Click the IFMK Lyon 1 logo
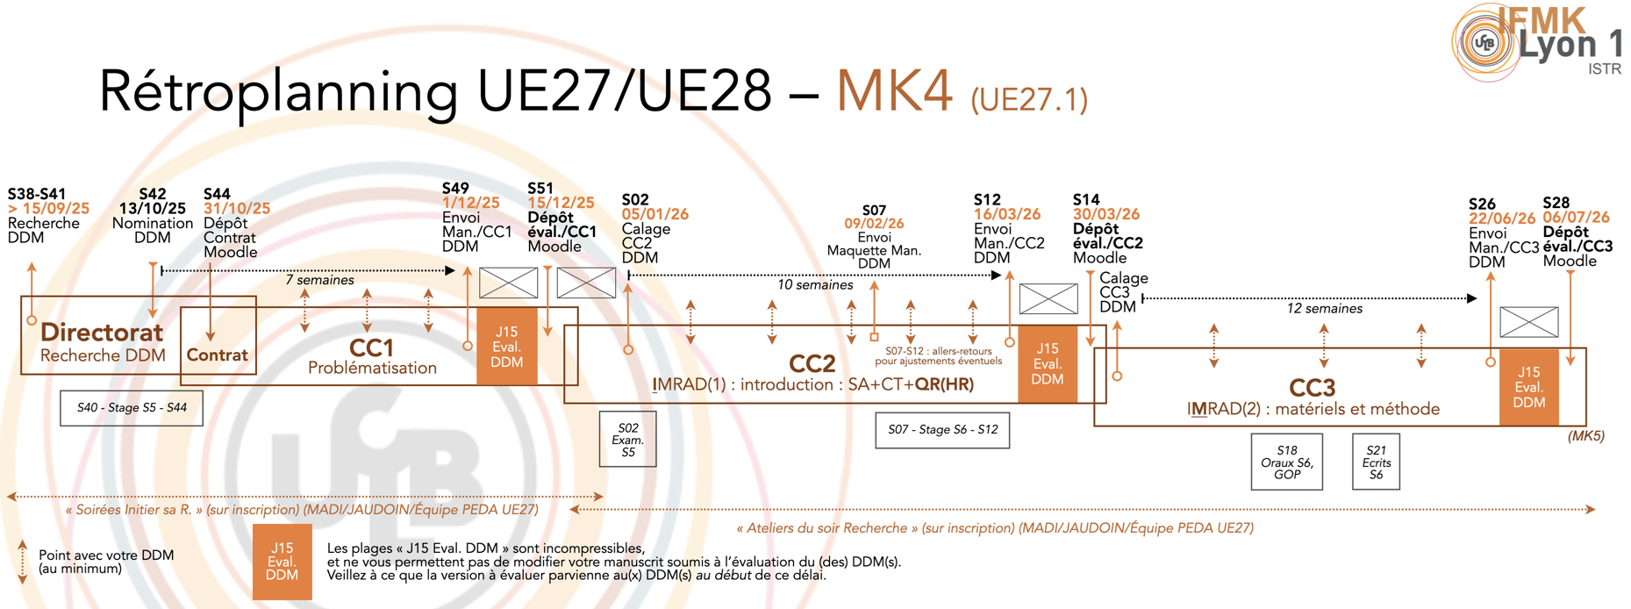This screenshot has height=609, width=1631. point(1535,42)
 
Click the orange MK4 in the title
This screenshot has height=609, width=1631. point(893,90)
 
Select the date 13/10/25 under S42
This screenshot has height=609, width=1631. point(153,209)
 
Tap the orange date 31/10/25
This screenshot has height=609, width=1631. point(237,209)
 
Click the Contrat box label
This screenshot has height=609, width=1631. point(217,355)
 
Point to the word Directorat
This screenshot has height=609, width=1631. point(102,333)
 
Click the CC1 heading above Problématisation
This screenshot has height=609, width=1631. point(371,347)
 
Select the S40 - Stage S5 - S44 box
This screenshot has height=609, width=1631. point(132,408)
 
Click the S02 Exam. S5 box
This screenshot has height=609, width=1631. point(627,440)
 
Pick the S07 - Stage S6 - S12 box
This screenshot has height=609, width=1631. point(942,430)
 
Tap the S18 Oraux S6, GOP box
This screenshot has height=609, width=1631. point(1286,462)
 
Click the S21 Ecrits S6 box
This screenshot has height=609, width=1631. point(1376,462)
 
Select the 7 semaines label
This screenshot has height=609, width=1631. point(319,280)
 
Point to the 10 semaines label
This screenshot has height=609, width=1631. point(814,285)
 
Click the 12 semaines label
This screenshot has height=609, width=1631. point(1324,309)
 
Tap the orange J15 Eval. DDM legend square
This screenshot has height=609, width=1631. point(282,562)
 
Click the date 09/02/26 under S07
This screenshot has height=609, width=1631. point(874,224)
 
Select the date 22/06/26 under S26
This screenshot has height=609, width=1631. point(1502,219)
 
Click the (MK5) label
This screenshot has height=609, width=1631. point(1585,436)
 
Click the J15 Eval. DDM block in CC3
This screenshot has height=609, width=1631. point(1528,387)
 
